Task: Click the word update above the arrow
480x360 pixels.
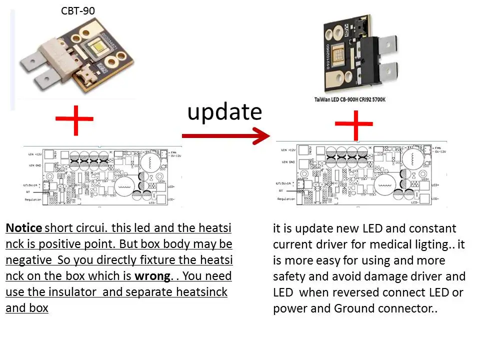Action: pos(224,112)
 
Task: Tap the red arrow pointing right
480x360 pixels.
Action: pos(225,135)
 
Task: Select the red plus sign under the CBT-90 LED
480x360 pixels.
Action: pos(74,120)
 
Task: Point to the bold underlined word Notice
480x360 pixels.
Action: pos(23,228)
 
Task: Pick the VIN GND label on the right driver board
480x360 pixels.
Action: pos(288,162)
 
